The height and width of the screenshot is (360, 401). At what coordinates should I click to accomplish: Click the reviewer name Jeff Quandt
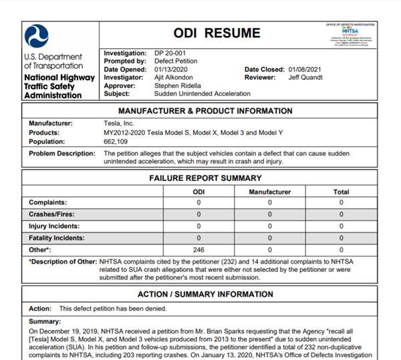[x=305, y=77]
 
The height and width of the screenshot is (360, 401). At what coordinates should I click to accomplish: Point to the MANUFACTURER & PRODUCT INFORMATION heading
[x=205, y=111]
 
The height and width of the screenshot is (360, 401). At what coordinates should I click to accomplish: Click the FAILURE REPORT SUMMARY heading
[x=205, y=178]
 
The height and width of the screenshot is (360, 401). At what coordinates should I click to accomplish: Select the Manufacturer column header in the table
[x=269, y=192]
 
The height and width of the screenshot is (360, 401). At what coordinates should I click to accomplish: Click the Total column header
[x=341, y=192]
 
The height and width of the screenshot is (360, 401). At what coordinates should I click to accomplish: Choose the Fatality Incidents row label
[x=57, y=237]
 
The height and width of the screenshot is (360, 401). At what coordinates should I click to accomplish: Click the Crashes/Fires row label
[x=51, y=214]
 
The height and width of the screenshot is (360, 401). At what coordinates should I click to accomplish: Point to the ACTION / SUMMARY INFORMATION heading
[x=205, y=294]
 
